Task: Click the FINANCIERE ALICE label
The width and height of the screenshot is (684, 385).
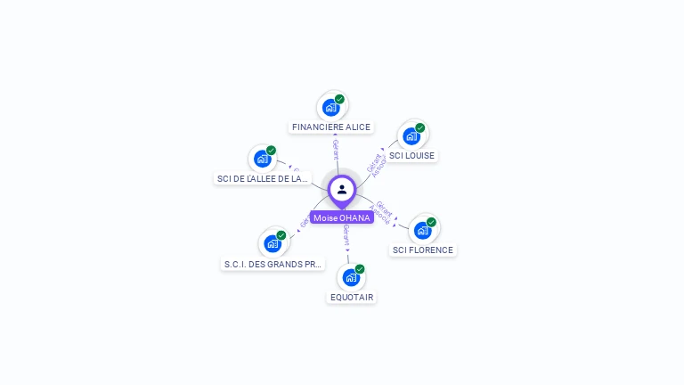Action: tap(331, 127)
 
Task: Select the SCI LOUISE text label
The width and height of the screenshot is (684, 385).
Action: tap(412, 156)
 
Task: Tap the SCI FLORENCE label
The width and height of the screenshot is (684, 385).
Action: tap(423, 250)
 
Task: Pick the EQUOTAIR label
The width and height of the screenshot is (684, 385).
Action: tap(352, 297)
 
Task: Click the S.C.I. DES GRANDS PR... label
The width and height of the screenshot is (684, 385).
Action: tap(273, 264)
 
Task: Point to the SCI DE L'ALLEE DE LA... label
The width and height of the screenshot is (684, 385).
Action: tap(263, 179)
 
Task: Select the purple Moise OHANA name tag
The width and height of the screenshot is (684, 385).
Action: tap(342, 217)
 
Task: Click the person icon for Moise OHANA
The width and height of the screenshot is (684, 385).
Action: tap(342, 189)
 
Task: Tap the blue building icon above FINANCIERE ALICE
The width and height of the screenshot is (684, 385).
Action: tap(330, 108)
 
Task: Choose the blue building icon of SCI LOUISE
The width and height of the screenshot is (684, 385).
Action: tap(411, 136)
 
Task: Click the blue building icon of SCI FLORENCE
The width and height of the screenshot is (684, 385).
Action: tap(422, 230)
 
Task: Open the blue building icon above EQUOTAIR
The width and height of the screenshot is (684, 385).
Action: tap(351, 277)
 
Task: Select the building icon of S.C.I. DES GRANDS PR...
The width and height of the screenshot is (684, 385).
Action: tap(272, 243)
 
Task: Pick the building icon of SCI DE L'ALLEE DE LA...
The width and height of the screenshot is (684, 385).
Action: tap(262, 159)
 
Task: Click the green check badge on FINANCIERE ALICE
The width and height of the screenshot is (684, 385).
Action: tap(339, 99)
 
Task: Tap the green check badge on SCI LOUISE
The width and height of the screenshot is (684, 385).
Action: tap(419, 127)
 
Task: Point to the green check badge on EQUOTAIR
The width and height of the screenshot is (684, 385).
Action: tap(360, 268)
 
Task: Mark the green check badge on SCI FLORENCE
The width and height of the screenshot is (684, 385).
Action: tap(431, 222)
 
